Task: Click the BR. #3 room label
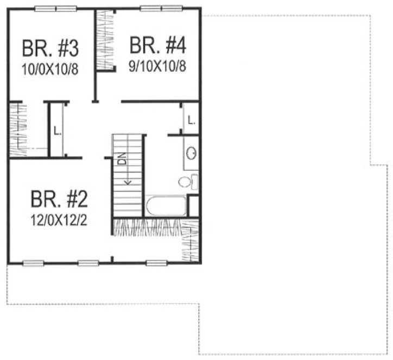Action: [50, 48]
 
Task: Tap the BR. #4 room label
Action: [158, 45]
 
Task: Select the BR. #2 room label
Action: [59, 199]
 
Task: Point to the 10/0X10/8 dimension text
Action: [50, 70]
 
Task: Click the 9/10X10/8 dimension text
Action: [158, 67]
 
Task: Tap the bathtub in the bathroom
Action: [166, 207]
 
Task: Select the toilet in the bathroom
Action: [186, 181]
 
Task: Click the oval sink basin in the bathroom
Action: [192, 154]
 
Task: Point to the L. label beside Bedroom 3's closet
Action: [56, 130]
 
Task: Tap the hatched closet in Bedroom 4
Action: [106, 41]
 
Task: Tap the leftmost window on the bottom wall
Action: [33, 263]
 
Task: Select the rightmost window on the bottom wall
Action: [156, 263]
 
